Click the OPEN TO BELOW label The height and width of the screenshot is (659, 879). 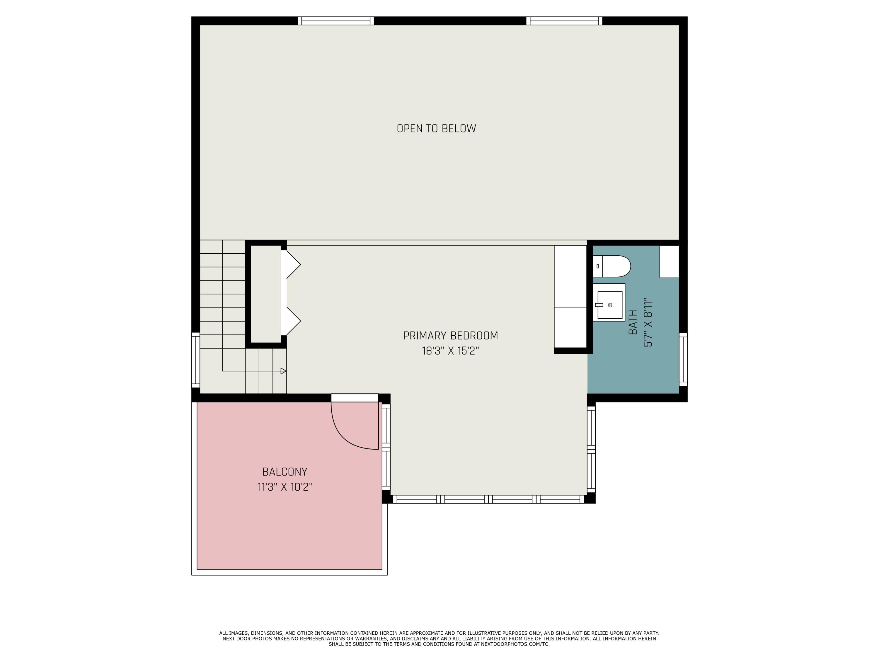[x=436, y=129]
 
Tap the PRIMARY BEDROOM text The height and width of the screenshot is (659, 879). [x=450, y=336]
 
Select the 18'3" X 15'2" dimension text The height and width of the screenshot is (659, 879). [x=450, y=351]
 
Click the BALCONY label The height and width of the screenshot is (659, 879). [x=285, y=472]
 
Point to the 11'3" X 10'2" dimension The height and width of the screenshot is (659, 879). [x=285, y=487]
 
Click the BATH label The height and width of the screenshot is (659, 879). [x=633, y=322]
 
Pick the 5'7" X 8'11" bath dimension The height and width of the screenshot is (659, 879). [x=648, y=322]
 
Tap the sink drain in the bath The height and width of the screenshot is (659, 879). [x=610, y=305]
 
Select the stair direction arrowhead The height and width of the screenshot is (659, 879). [x=283, y=371]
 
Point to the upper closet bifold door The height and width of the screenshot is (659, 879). [x=293, y=264]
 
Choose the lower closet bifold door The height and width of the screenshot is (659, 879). [x=293, y=321]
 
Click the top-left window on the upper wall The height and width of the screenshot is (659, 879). [x=336, y=21]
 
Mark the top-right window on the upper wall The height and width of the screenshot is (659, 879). [x=564, y=21]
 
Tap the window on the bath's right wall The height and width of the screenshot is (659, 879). [x=683, y=359]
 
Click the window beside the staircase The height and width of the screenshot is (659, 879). [x=195, y=360]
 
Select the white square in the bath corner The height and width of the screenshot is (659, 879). [x=669, y=261]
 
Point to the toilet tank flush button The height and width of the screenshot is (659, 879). [x=598, y=266]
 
